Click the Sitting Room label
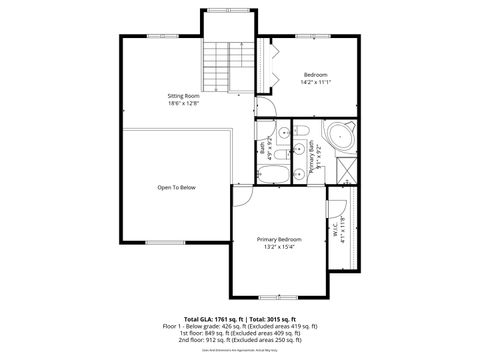click(x=183, y=96)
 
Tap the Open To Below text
click(x=176, y=187)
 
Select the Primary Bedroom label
click(x=279, y=240)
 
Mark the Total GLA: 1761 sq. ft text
click(x=209, y=317)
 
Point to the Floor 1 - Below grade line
click(x=239, y=325)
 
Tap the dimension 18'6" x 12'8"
click(x=183, y=104)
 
